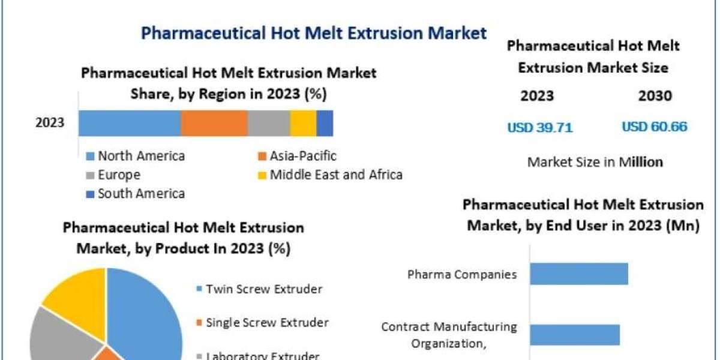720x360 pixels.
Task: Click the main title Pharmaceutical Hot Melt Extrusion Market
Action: tap(314, 33)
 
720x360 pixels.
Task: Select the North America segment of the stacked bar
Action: tap(129, 123)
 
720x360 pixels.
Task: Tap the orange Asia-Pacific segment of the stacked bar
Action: tap(214, 123)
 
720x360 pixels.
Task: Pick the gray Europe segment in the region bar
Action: tap(268, 123)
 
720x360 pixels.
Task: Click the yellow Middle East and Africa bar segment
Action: tap(303, 123)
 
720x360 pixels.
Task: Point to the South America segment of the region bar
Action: tap(325, 123)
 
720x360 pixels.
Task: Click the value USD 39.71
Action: tap(540, 127)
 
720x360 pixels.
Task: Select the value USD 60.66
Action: tap(655, 127)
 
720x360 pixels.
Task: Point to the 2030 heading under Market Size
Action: tap(656, 96)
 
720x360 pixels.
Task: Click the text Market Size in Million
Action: tap(595, 161)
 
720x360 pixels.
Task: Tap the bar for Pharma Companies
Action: tap(578, 274)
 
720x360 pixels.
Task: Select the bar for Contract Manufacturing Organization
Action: tap(574, 335)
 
